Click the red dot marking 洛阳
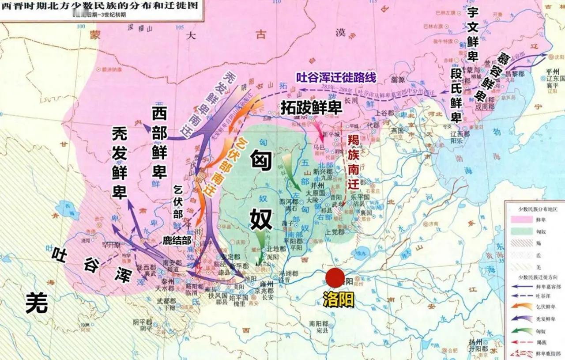(335, 278)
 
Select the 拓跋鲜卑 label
(311, 107)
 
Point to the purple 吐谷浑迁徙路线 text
(336, 78)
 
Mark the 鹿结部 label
(177, 240)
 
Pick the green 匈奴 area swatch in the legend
(519, 231)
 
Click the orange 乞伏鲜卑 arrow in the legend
(519, 306)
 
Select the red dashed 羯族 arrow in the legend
(519, 341)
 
